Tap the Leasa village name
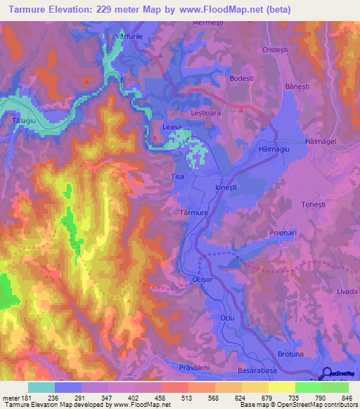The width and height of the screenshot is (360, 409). coord(172,126)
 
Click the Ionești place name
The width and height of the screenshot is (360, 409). coord(227,188)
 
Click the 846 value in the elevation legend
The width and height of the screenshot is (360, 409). coord(345,398)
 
